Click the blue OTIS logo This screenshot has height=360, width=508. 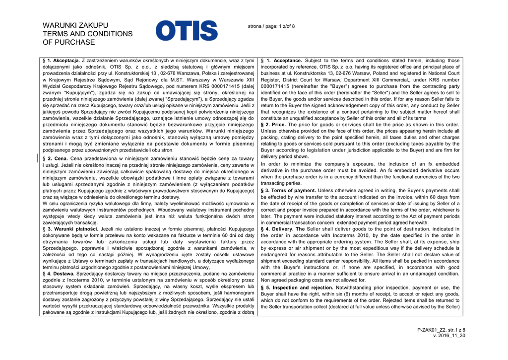click(x=187, y=30)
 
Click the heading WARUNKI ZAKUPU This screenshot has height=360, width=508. click(x=76, y=25)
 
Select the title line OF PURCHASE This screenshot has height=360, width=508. click(x=69, y=42)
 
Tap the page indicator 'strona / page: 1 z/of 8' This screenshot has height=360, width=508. click(x=271, y=26)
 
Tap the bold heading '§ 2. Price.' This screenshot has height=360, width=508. click(x=274, y=125)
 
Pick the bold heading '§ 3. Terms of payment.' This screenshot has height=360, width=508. click(x=289, y=190)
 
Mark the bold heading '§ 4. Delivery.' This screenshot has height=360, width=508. click(x=277, y=229)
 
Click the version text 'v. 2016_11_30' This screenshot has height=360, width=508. click(x=449, y=336)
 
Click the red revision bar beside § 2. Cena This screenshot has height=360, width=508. click(x=39, y=158)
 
